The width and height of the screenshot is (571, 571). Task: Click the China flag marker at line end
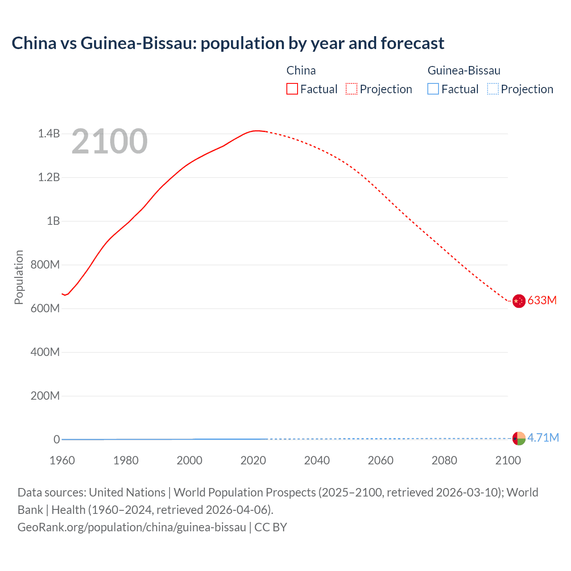pos(519,301)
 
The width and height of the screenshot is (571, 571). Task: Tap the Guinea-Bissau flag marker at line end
pos(519,438)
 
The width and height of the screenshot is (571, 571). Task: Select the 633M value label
pos(542,301)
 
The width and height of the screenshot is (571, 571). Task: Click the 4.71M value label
pos(543,438)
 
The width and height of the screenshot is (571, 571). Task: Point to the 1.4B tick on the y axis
pos(49,134)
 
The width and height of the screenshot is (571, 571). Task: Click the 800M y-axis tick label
pos(45,265)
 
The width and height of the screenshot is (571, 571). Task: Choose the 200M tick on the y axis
pos(45,396)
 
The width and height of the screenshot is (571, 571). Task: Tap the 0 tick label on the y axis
pos(57,440)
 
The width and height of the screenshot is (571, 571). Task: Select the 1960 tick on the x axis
pos(62,460)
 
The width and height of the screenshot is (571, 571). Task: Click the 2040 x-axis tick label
pos(317,460)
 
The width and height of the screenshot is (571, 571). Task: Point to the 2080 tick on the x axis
pos(444,460)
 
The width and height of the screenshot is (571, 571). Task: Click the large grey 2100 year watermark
pos(109,141)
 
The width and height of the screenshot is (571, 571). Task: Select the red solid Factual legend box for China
pos(292,89)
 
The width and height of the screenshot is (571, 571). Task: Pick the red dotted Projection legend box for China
pos(352,89)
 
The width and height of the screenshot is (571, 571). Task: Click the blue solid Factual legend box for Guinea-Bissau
pos(433,89)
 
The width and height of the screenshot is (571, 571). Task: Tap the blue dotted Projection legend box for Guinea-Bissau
pos(492,89)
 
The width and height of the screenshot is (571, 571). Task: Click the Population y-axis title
pos(19,277)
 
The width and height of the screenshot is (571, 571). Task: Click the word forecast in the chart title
pos(412,43)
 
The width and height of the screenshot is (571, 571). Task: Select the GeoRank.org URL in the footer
pos(132,527)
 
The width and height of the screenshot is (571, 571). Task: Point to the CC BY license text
pos(271,527)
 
